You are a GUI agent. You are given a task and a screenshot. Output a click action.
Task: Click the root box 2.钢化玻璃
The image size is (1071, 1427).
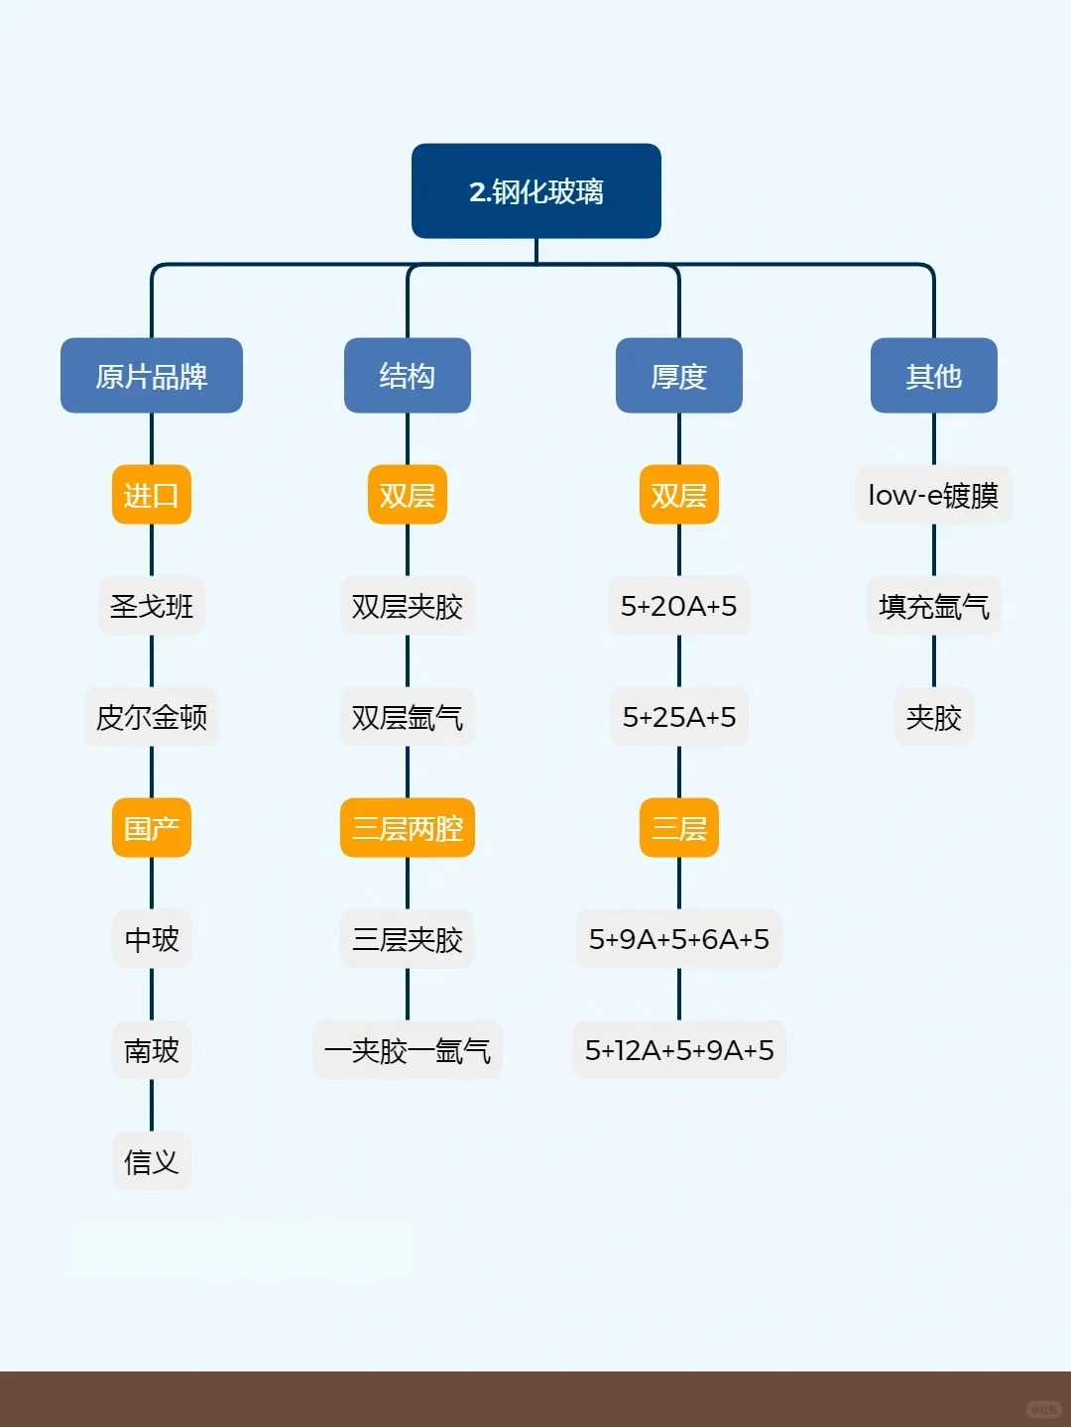(x=535, y=191)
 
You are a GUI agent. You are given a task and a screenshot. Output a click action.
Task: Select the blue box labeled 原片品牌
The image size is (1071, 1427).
(x=151, y=376)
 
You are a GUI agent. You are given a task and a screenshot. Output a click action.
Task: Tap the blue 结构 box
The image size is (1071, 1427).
(x=407, y=376)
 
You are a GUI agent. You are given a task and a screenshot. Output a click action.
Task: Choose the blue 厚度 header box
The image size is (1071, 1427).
(x=678, y=376)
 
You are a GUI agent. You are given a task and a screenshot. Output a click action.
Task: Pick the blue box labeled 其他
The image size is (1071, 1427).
(x=933, y=376)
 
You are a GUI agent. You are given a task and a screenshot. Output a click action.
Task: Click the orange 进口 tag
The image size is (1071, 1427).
(x=151, y=495)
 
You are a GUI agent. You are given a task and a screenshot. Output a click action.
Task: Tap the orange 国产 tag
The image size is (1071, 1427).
(x=151, y=828)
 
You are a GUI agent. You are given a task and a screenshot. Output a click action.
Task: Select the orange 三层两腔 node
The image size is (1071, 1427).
(x=407, y=828)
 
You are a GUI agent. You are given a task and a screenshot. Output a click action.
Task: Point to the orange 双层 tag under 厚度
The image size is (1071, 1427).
(x=678, y=495)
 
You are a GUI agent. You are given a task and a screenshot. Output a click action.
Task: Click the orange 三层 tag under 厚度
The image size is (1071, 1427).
(x=678, y=828)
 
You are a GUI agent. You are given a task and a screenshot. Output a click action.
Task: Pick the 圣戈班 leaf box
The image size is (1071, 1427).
(x=151, y=606)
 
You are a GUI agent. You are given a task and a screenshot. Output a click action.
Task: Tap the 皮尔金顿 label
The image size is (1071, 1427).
(x=151, y=717)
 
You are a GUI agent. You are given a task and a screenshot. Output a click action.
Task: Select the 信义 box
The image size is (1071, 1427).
(x=151, y=1161)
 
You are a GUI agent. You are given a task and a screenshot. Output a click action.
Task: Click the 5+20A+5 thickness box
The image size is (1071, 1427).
(x=678, y=606)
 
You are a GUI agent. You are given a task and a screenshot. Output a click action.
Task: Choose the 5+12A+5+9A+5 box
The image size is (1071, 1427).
(x=678, y=1050)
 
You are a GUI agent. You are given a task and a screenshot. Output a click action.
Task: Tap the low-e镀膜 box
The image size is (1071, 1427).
(x=933, y=495)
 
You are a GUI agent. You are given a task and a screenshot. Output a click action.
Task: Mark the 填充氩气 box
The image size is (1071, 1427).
(x=933, y=606)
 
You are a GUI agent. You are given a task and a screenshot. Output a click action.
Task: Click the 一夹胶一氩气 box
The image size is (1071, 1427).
(x=407, y=1050)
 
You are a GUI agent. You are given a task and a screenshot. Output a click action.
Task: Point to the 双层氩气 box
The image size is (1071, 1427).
(x=407, y=717)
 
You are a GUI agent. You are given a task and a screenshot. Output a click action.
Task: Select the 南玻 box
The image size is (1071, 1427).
(x=151, y=1050)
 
